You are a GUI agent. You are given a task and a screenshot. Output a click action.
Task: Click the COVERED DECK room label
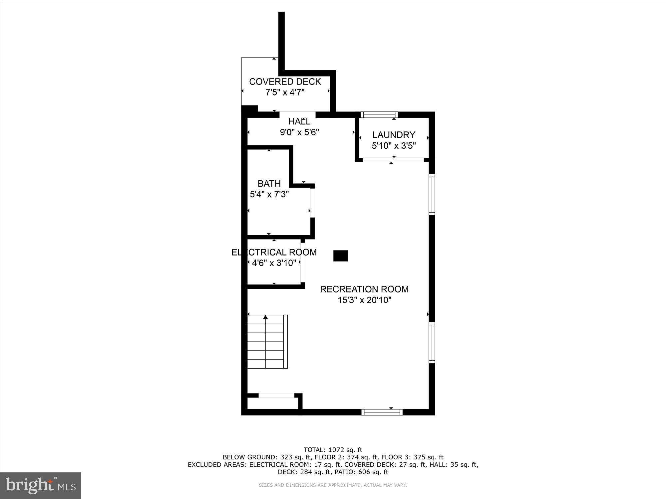click(285, 82)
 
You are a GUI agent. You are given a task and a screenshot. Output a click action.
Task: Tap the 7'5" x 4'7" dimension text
click(285, 92)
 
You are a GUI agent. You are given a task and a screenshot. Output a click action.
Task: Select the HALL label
click(299, 121)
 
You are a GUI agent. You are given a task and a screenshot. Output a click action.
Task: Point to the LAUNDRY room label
click(394, 135)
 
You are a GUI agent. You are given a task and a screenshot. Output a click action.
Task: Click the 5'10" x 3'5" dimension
click(394, 146)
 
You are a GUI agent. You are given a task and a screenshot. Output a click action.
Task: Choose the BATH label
click(269, 183)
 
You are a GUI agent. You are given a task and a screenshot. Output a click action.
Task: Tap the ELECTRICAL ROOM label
click(274, 252)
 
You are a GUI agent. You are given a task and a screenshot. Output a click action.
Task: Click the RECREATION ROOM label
click(364, 289)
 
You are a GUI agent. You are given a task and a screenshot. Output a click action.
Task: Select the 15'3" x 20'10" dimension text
click(364, 300)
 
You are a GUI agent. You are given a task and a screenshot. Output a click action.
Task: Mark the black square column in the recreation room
click(340, 256)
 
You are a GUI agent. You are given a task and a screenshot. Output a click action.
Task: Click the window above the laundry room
click(379, 115)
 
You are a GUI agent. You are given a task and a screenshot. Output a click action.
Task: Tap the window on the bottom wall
click(382, 412)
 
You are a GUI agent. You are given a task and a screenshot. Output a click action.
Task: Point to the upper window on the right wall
click(432, 195)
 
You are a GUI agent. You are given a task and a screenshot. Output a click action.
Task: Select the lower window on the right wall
click(432, 342)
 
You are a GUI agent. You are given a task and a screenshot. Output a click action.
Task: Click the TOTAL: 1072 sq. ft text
click(333, 450)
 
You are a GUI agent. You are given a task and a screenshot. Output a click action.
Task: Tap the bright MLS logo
click(41, 485)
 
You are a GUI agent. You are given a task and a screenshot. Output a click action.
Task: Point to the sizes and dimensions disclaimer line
click(333, 485)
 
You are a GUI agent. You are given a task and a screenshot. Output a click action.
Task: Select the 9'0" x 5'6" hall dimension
click(299, 132)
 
